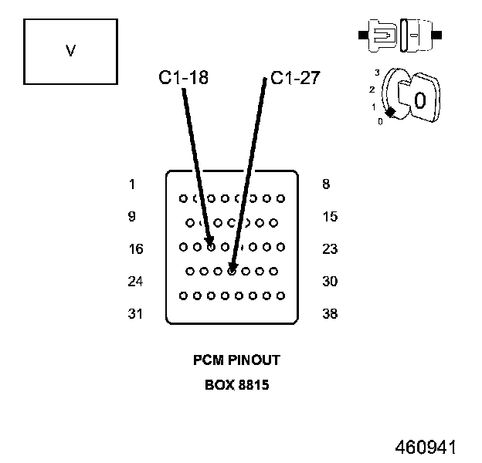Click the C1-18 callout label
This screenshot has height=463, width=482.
(183, 77)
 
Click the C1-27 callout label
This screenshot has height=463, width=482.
(295, 77)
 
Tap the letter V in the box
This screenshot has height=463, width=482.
(70, 51)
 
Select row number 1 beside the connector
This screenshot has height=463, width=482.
(132, 184)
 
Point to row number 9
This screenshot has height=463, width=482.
(132, 217)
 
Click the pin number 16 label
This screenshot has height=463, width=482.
(135, 249)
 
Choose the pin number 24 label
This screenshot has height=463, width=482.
(135, 282)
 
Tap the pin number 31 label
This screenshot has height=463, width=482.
(135, 314)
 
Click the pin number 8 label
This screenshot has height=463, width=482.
(326, 184)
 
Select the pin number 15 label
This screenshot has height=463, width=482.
(330, 217)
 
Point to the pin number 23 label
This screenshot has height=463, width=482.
(330, 249)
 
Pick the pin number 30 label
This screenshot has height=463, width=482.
(330, 282)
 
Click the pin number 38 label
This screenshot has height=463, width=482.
(330, 314)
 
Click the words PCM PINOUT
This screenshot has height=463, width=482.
(236, 360)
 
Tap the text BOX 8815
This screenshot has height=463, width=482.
(236, 385)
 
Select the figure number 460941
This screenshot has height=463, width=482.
(426, 448)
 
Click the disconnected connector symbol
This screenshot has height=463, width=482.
(401, 35)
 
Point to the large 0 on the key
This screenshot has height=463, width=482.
(419, 100)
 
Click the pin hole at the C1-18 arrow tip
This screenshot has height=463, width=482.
(210, 247)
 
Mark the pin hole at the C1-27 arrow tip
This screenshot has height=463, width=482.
(232, 271)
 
